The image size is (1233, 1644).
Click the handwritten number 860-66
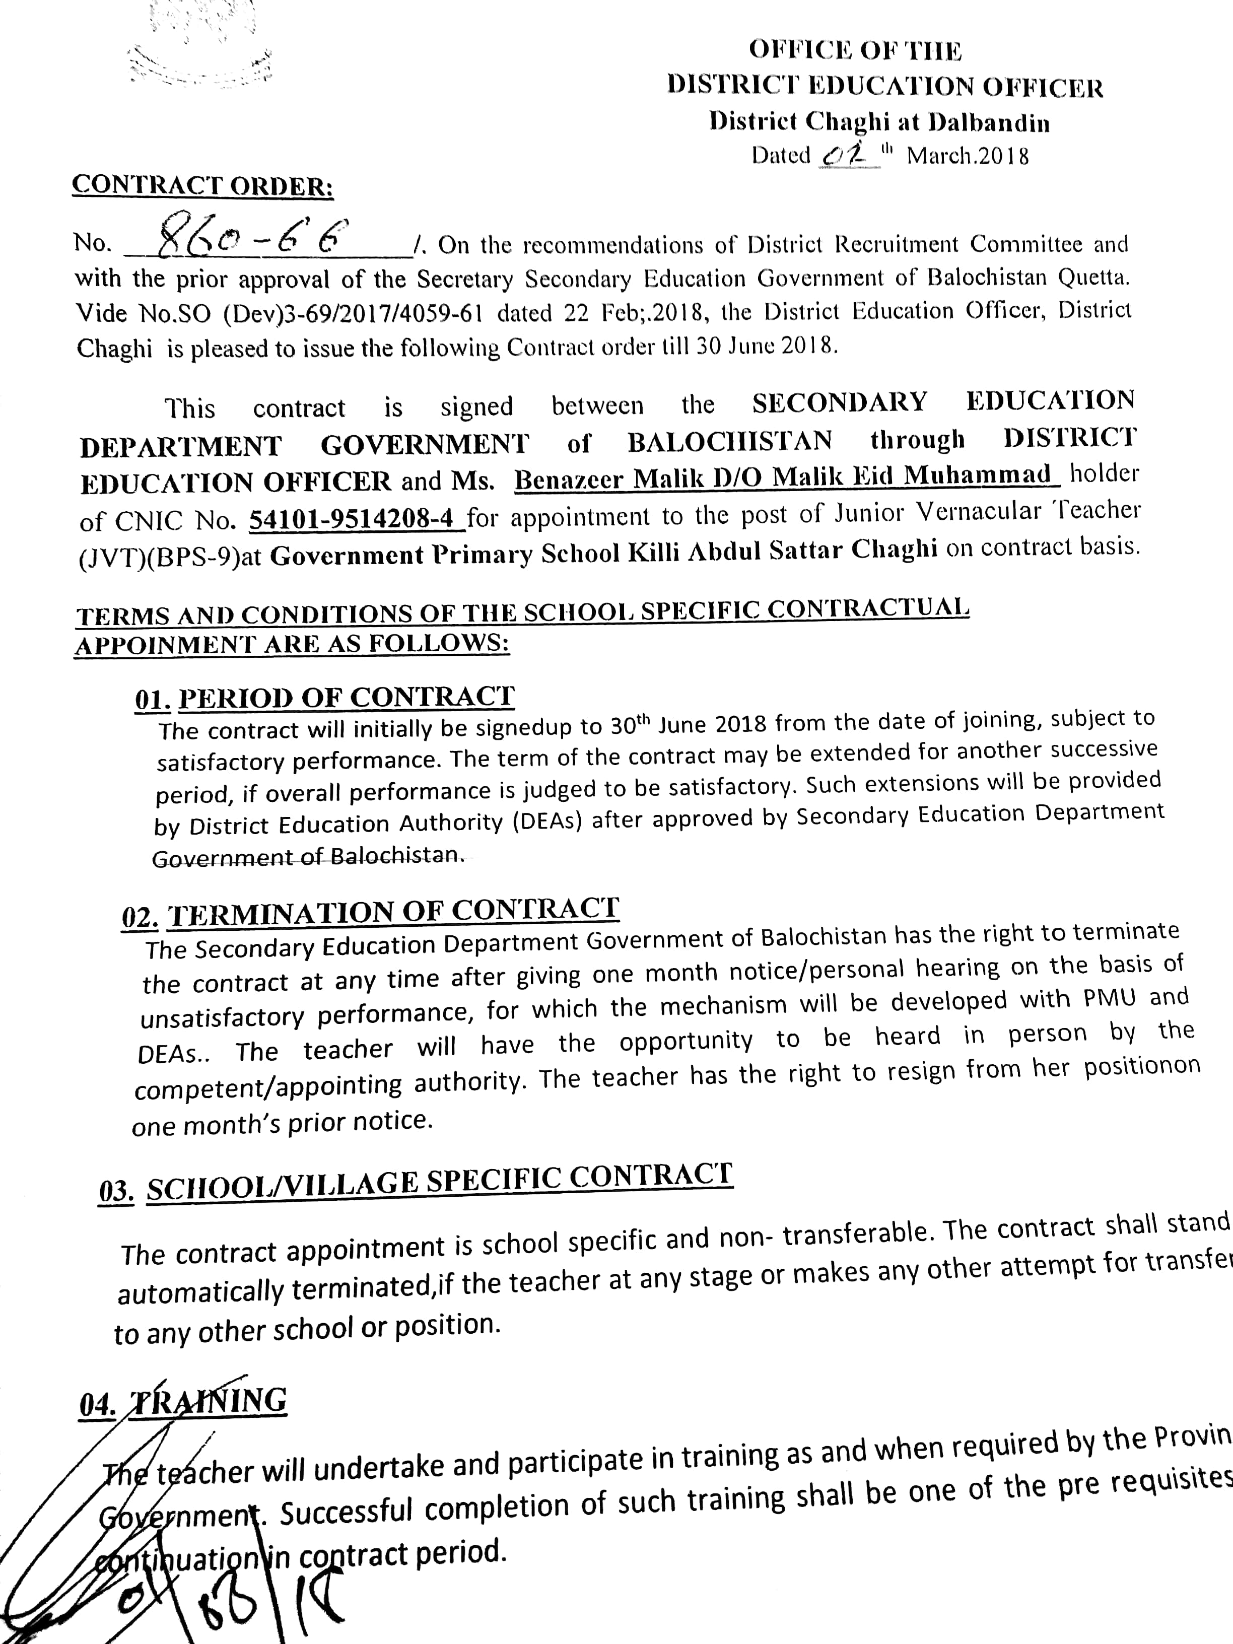(x=253, y=237)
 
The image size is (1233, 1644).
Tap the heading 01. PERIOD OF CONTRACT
(x=325, y=698)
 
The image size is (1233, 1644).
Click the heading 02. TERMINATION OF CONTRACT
(x=370, y=913)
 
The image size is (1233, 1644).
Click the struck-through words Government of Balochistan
(x=308, y=856)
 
